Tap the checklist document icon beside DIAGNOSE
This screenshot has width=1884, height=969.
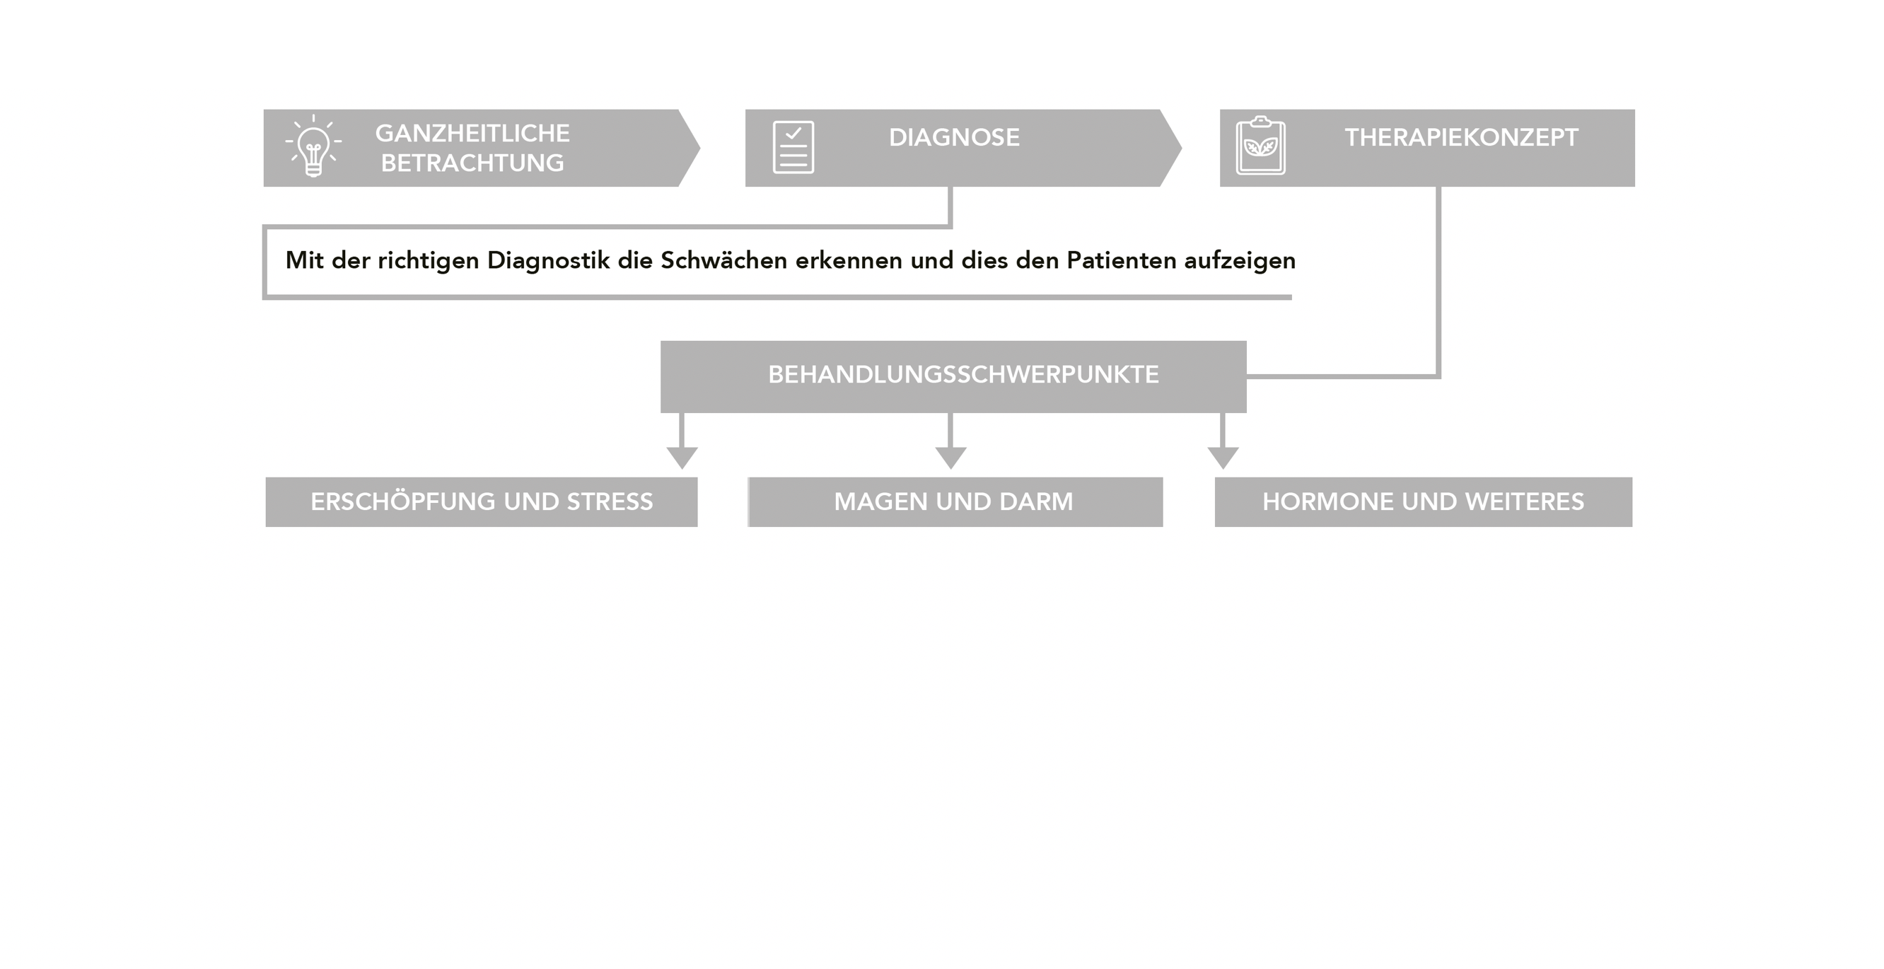click(793, 147)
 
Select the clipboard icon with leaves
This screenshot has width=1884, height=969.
click(1260, 146)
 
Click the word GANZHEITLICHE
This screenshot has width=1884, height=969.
click(472, 133)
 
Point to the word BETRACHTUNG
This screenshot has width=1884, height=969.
click(472, 163)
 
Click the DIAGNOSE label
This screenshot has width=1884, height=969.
click(954, 137)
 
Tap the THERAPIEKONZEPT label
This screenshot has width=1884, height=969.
click(1461, 137)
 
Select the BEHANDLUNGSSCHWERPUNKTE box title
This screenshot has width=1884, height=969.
click(963, 374)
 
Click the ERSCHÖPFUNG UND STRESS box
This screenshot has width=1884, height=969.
click(481, 501)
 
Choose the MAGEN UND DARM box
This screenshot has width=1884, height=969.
click(955, 501)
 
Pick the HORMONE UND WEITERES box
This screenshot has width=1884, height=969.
click(1423, 501)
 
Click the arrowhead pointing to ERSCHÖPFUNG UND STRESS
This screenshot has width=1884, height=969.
click(682, 458)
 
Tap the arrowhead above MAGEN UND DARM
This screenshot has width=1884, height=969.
click(950, 458)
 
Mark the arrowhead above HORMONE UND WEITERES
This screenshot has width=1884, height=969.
click(1223, 458)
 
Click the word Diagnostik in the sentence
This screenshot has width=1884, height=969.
click(549, 260)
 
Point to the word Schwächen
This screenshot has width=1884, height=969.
click(724, 260)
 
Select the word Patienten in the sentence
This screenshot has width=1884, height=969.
click(1121, 260)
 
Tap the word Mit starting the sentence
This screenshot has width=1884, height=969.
click(304, 260)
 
